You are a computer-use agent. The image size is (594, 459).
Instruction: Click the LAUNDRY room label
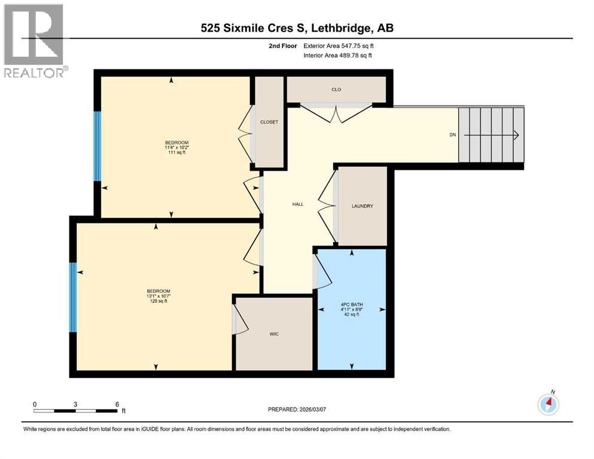coord(363,206)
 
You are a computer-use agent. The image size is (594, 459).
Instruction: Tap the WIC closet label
coord(274,333)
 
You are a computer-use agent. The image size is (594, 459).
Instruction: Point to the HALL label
coord(297,204)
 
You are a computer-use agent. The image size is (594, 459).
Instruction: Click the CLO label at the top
coord(336,90)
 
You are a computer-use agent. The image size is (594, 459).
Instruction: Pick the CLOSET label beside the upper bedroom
coord(269,122)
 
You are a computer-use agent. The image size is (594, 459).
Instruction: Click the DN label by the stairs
coord(453,135)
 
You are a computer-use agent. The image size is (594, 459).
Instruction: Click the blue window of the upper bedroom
coord(98,146)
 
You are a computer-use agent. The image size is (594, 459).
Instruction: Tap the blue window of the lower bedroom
coord(73,297)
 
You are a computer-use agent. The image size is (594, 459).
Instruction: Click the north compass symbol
coord(548,405)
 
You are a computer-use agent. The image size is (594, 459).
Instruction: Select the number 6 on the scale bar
coord(117,404)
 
